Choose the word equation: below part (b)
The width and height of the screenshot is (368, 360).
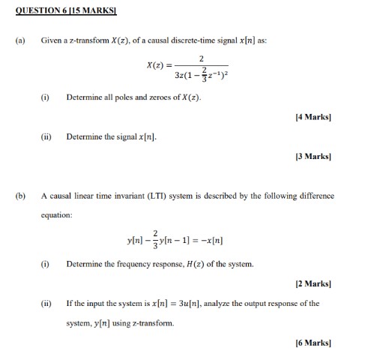[x=57, y=214]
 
